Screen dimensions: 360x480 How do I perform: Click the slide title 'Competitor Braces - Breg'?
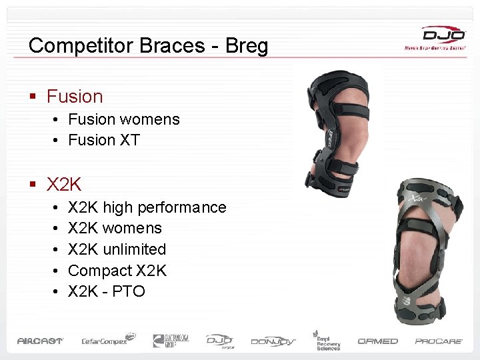pyautogui.click(x=148, y=45)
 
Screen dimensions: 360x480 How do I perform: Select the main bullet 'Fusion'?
pyautogui.click(x=75, y=97)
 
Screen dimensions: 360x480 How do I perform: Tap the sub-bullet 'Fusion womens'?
pyautogui.click(x=124, y=120)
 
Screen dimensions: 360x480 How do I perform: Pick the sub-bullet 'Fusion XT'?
pyautogui.click(x=104, y=140)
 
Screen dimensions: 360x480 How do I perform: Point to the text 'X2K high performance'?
pyautogui.click(x=147, y=207)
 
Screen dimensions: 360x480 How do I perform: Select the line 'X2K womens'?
pyautogui.click(x=115, y=228)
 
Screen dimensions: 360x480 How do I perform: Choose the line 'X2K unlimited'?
pyautogui.click(x=117, y=249)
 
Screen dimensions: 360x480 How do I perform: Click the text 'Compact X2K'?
pyautogui.click(x=117, y=271)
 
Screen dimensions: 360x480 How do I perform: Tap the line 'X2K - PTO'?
pyautogui.click(x=107, y=291)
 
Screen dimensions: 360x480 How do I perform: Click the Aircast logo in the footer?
pyautogui.click(x=40, y=341)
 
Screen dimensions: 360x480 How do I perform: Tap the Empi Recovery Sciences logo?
pyautogui.click(x=327, y=340)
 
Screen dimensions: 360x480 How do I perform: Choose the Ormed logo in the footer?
pyautogui.click(x=377, y=341)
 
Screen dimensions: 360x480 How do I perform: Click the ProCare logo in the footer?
pyautogui.click(x=439, y=341)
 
